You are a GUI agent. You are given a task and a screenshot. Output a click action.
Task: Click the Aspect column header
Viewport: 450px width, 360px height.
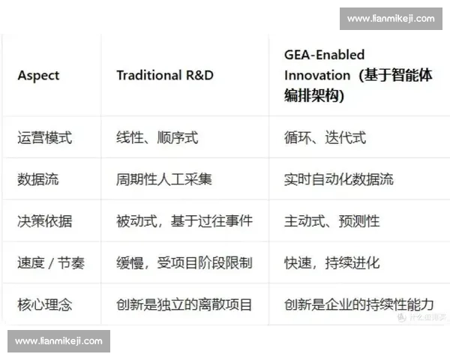point(38,75)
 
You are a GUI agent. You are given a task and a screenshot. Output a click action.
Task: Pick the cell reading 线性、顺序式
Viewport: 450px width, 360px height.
point(157,137)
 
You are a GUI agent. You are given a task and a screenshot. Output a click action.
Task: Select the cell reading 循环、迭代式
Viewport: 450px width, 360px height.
point(325,137)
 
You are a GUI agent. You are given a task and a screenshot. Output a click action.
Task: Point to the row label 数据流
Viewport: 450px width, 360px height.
point(38,179)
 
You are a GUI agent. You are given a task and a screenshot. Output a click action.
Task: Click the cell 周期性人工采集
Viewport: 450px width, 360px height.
point(164,179)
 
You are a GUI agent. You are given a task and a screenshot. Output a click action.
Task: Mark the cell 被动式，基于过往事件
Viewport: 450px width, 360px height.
point(184,221)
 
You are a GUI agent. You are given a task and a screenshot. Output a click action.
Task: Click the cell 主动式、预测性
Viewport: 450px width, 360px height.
point(331,221)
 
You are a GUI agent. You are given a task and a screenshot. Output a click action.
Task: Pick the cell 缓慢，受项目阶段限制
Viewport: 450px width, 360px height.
point(184,263)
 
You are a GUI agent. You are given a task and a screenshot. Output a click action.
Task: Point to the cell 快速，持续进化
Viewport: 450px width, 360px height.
point(331,263)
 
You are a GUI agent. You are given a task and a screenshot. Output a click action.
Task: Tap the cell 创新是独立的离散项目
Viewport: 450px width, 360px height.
point(184,304)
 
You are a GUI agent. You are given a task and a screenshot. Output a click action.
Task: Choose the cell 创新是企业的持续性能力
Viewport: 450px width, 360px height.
point(359,304)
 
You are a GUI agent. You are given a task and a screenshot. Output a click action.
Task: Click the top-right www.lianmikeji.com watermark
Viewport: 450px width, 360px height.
point(391,18)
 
